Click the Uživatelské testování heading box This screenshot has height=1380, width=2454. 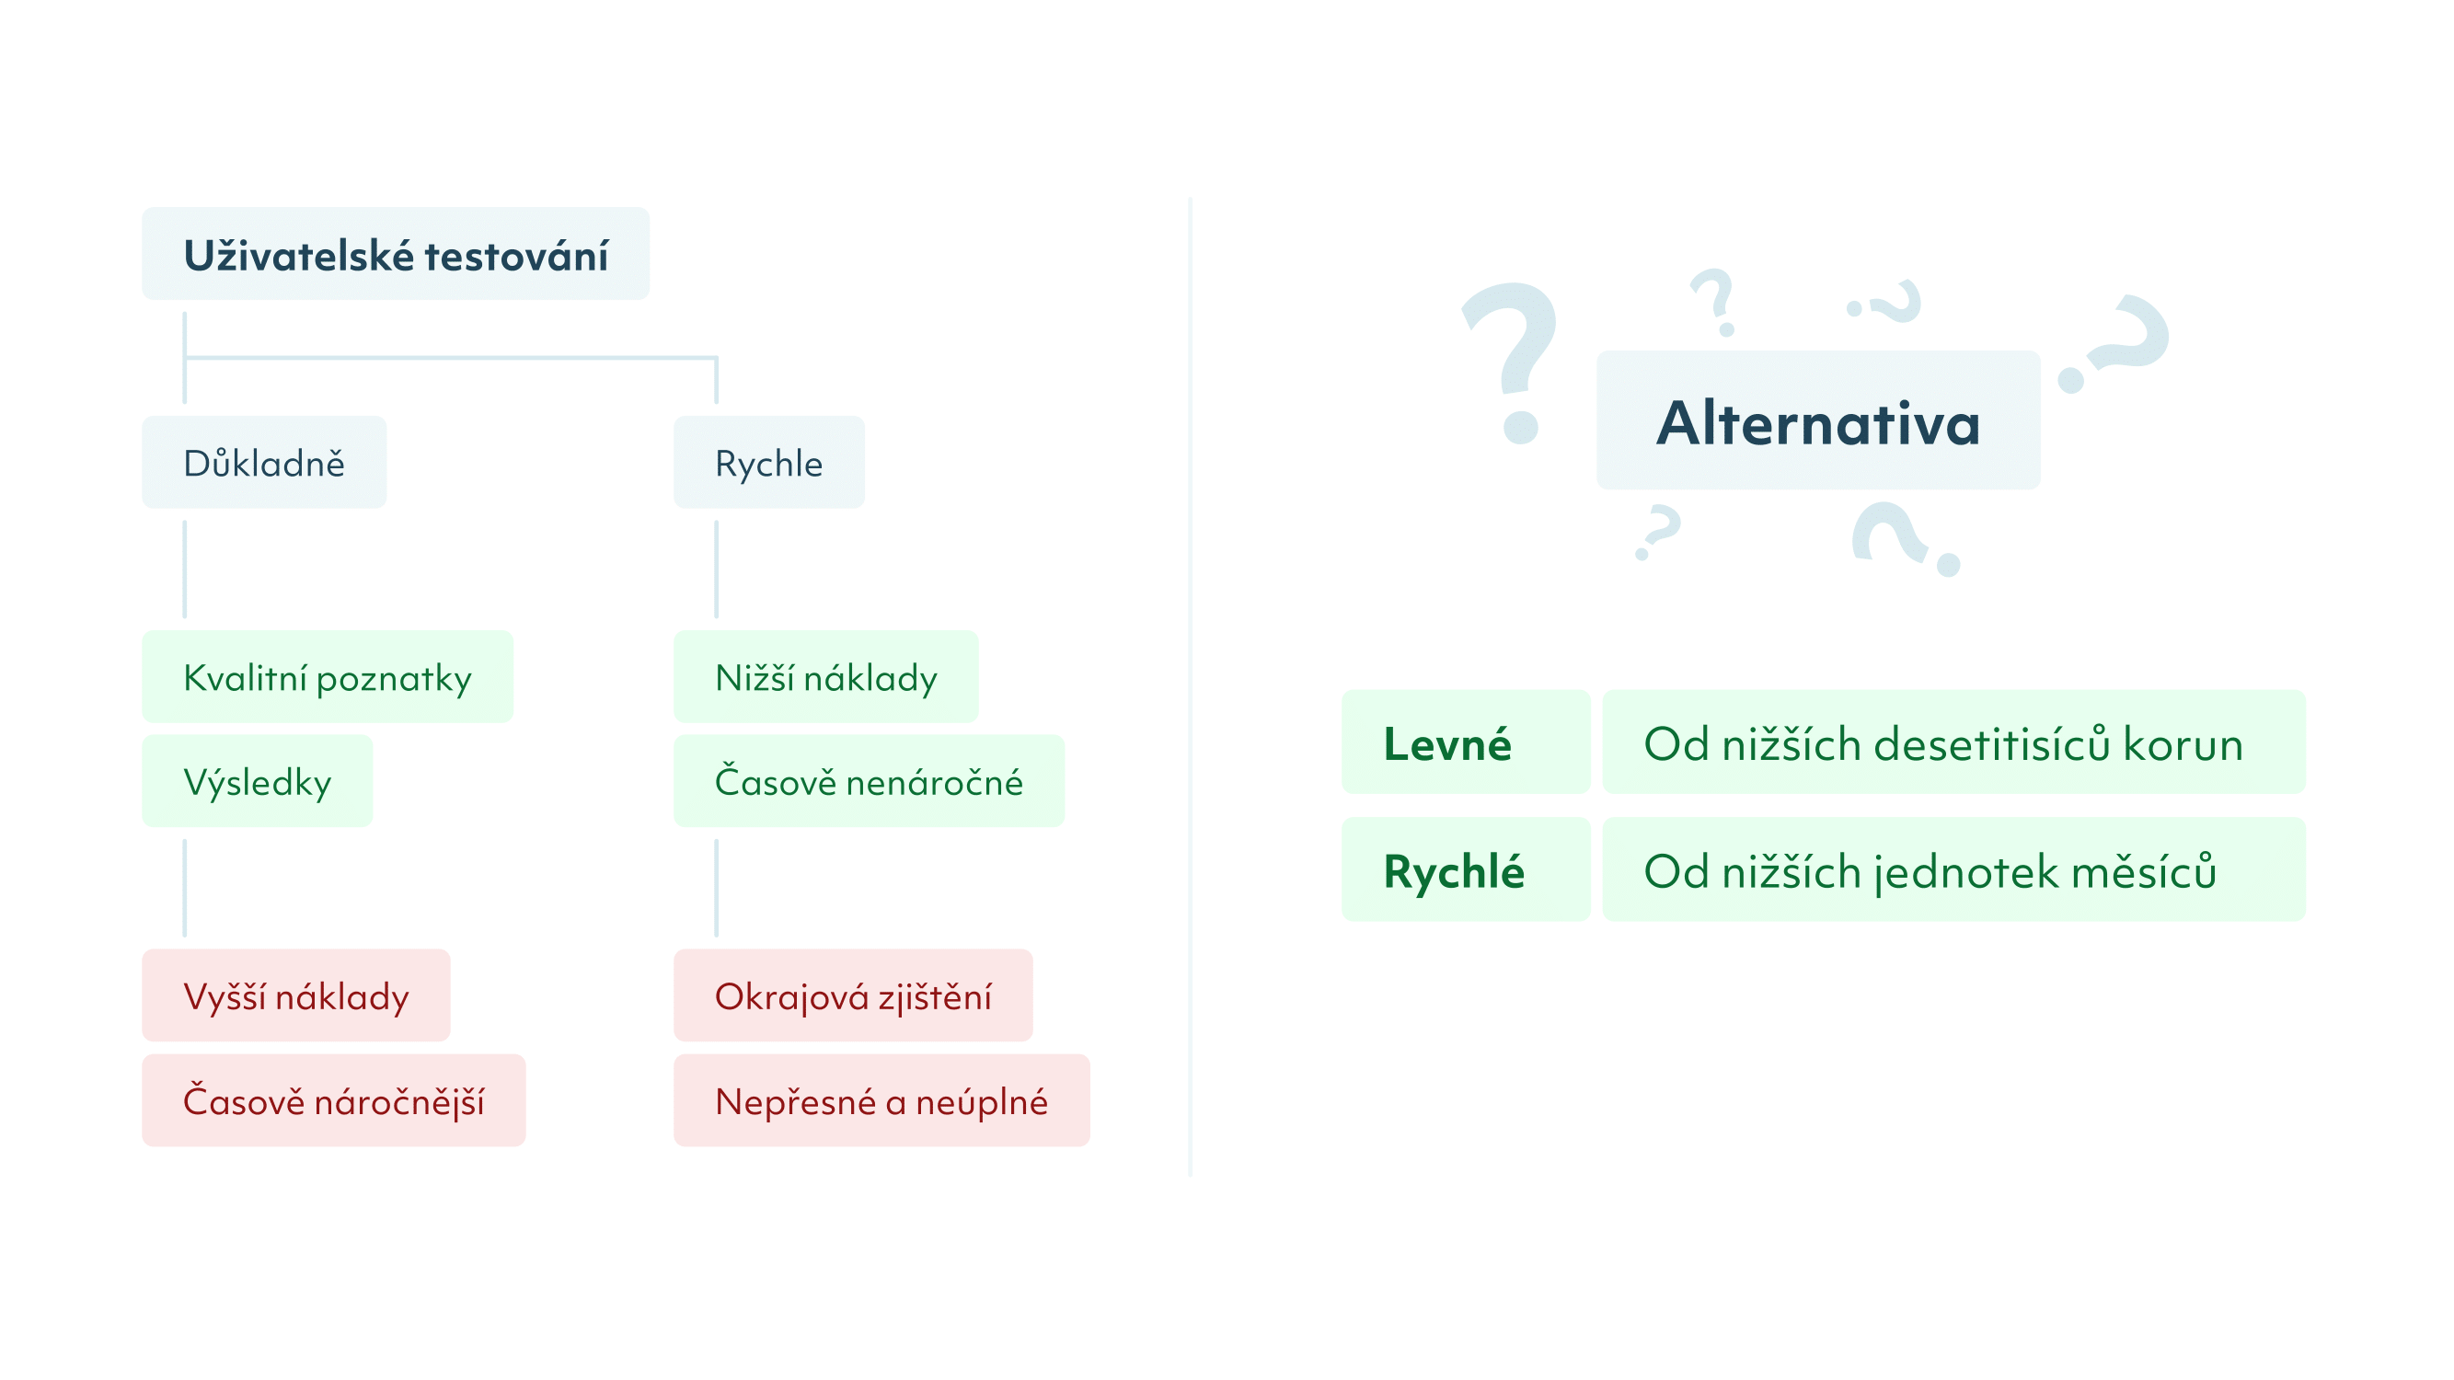[x=396, y=253]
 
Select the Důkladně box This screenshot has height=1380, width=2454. [x=264, y=462]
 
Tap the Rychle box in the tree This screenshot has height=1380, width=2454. [x=769, y=462]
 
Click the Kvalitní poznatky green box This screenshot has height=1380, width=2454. [x=327, y=676]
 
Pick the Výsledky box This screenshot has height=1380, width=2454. [x=258, y=781]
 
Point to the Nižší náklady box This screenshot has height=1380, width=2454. [x=826, y=676]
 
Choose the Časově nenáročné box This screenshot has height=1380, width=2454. [x=869, y=781]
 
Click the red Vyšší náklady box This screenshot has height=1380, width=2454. [x=296, y=995]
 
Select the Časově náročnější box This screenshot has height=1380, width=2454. [x=333, y=1100]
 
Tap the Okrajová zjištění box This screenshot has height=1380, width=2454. [x=853, y=995]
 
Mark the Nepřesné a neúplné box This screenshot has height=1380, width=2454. [x=881, y=1100]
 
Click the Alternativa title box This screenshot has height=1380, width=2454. [x=1818, y=420]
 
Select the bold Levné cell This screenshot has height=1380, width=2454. [x=1466, y=742]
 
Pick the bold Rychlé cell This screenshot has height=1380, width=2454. [x=1466, y=869]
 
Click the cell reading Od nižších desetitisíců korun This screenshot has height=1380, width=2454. [x=1953, y=742]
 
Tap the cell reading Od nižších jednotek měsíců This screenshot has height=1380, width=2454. [x=1953, y=869]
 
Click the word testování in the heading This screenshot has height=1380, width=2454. [x=516, y=255]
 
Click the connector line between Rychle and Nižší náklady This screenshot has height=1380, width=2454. [x=717, y=569]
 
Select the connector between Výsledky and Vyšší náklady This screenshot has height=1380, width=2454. [x=185, y=888]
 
